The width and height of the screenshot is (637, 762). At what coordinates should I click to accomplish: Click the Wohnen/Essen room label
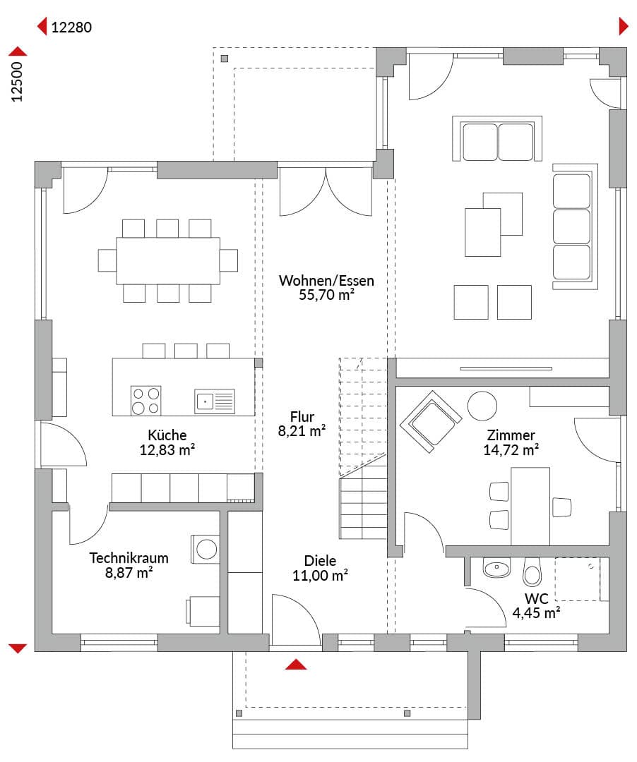pyautogui.click(x=326, y=280)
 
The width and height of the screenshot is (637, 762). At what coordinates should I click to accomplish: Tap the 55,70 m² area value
pyautogui.click(x=326, y=295)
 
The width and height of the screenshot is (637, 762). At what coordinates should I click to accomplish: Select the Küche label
pyautogui.click(x=167, y=435)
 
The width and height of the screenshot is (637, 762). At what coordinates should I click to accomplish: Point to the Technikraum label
pyautogui.click(x=129, y=558)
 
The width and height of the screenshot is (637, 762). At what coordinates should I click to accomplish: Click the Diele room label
pyautogui.click(x=320, y=561)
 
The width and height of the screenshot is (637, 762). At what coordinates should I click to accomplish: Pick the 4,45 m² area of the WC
pyautogui.click(x=536, y=613)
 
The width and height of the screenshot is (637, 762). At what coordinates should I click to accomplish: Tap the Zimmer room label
pyautogui.click(x=511, y=435)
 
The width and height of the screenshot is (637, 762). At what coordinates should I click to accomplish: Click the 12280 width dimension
pyautogui.click(x=71, y=28)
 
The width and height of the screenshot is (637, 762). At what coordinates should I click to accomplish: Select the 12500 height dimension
pyautogui.click(x=18, y=82)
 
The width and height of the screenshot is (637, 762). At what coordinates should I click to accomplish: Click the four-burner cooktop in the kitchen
pyautogui.click(x=146, y=401)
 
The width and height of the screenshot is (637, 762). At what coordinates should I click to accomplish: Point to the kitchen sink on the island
pyautogui.click(x=215, y=401)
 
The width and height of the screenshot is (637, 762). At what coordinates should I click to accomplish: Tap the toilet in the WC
pyautogui.click(x=532, y=572)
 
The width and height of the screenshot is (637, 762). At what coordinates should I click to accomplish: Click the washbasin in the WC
pyautogui.click(x=496, y=567)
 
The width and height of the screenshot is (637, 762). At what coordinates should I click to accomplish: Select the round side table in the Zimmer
pyautogui.click(x=482, y=406)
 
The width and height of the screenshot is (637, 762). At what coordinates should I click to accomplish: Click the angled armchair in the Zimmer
pyautogui.click(x=430, y=421)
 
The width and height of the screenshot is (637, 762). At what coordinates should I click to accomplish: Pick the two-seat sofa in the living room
pyautogui.click(x=497, y=138)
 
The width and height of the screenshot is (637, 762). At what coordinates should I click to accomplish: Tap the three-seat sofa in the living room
pyautogui.click(x=575, y=226)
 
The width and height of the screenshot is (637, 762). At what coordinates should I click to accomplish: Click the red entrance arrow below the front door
pyautogui.click(x=296, y=665)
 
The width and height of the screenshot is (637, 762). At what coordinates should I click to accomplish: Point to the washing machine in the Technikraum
pyautogui.click(x=206, y=550)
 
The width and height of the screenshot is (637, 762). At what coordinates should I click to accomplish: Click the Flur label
pyautogui.click(x=302, y=417)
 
